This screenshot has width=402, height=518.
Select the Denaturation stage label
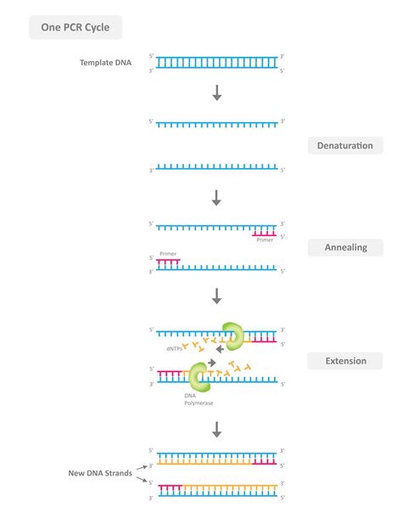coord(344,145)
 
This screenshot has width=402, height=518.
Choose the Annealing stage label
coord(344,247)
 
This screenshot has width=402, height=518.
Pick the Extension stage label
coord(344,361)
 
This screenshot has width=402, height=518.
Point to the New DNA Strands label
coord(100,473)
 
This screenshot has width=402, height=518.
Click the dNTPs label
coord(175,348)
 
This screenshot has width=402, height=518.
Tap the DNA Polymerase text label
coord(197,399)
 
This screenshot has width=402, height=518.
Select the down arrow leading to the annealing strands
coord(217,198)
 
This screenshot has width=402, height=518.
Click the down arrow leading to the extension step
coord(217,296)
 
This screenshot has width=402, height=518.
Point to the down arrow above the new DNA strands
coord(217,430)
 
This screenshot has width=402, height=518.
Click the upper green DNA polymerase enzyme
coord(232,335)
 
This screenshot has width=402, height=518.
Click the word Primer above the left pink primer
coord(167,254)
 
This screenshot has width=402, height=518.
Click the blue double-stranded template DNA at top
coord(217,62)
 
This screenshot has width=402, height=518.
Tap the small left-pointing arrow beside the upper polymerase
coord(219,347)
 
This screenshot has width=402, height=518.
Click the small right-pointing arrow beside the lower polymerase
coord(211,362)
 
